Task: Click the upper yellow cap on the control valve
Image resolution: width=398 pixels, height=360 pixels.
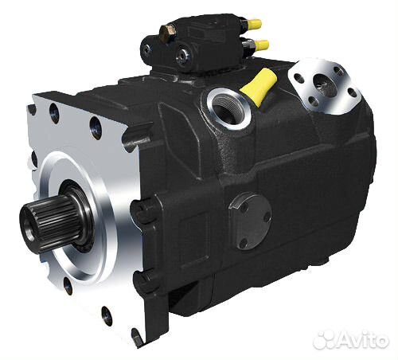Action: [x=256, y=25]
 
